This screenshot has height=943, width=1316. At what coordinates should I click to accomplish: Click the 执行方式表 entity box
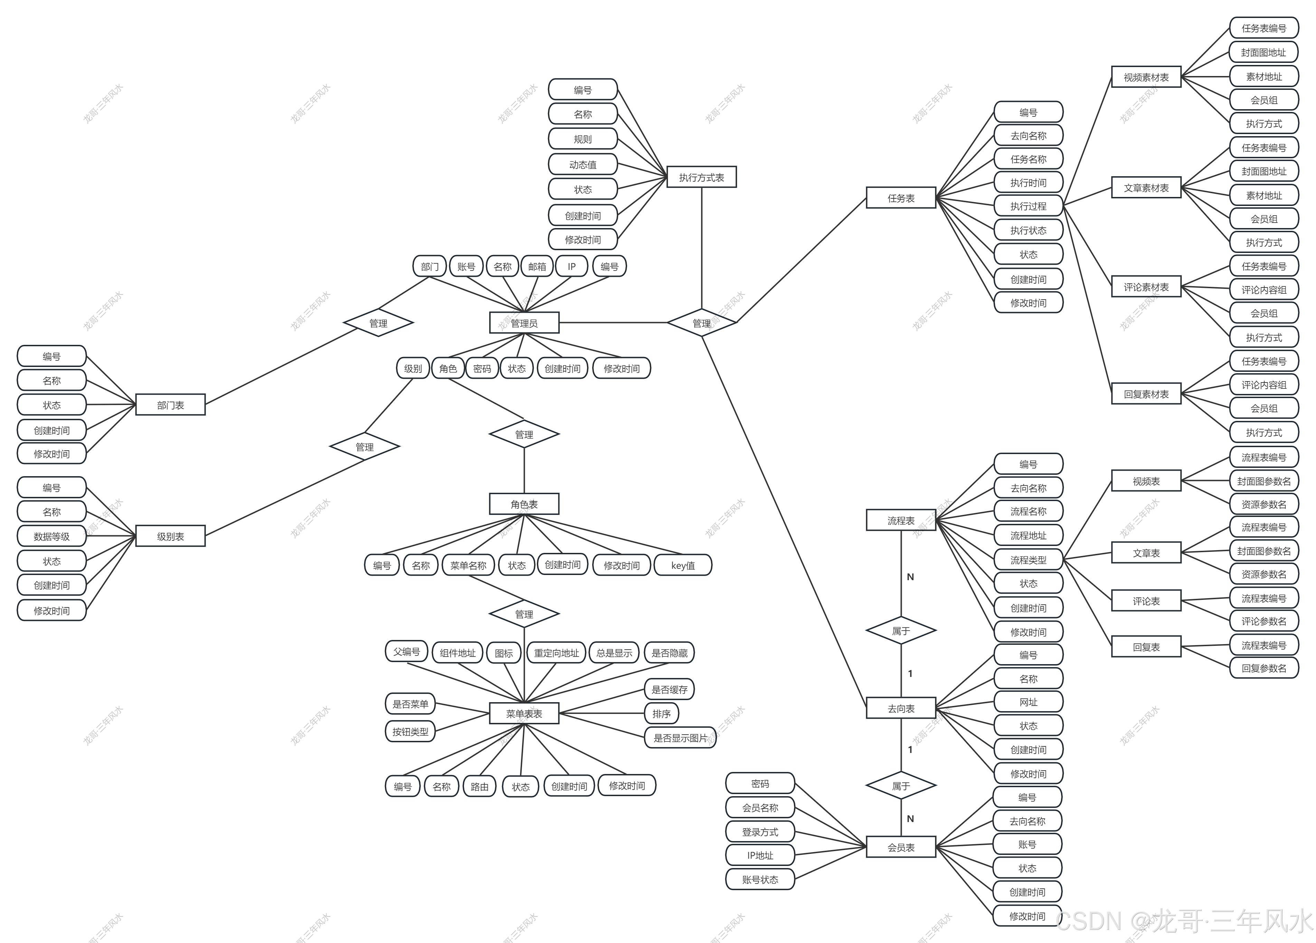point(701,178)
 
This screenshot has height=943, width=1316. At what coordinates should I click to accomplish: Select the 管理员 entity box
point(524,323)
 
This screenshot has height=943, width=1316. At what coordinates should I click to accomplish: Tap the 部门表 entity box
point(170,405)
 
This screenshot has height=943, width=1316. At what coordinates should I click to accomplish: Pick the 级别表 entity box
point(170,536)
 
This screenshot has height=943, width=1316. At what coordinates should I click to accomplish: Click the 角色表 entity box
point(524,504)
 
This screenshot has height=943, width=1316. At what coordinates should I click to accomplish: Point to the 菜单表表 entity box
point(524,714)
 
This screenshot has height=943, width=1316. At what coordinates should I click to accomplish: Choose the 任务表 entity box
point(901,198)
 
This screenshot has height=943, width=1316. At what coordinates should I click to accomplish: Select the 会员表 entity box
point(901,847)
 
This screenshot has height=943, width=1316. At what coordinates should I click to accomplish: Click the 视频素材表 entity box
point(1146,77)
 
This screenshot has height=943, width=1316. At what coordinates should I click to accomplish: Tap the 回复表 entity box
point(1146,647)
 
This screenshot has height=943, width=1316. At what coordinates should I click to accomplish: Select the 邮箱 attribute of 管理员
point(537,266)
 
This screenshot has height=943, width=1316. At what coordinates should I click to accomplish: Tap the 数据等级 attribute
point(51,536)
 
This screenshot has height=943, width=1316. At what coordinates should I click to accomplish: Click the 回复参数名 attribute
point(1264,668)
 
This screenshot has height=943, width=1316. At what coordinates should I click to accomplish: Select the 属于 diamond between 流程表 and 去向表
point(901,631)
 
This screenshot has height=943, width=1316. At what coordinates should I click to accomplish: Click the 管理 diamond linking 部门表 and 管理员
point(378,323)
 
